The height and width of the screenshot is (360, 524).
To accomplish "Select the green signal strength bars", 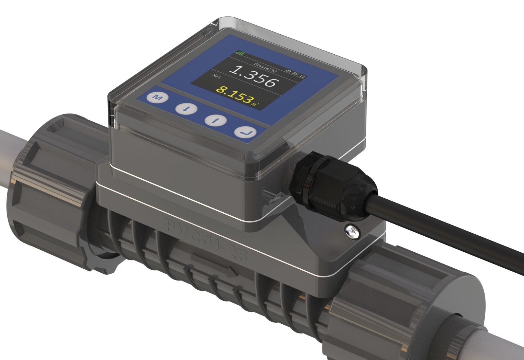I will [239, 53].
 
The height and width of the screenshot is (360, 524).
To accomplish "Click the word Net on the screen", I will [216, 77].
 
